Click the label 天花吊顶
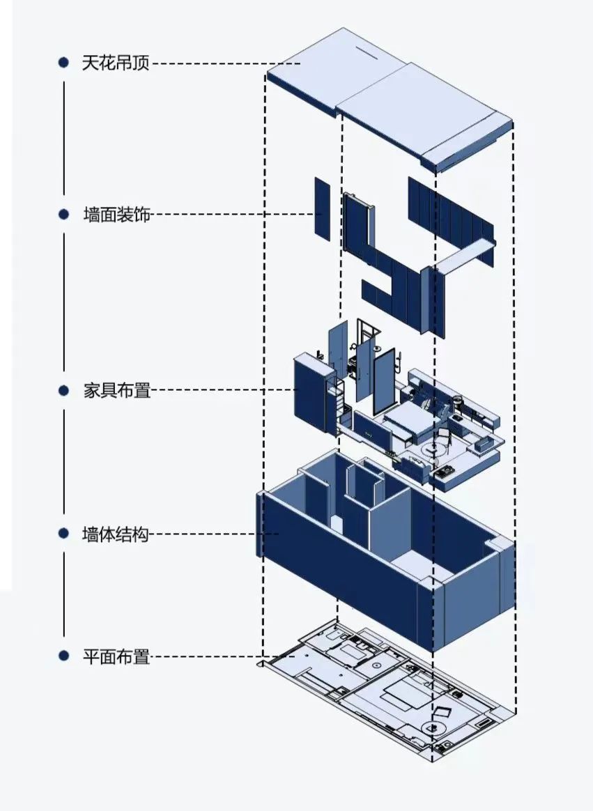[116, 63]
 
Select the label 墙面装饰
[116, 215]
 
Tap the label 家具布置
[116, 390]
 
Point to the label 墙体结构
[116, 534]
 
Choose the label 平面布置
[116, 656]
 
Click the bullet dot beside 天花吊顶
[63, 63]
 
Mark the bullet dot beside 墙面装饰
[63, 215]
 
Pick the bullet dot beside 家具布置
[63, 390]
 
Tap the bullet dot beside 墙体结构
[63, 534]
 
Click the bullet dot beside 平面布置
[63, 656]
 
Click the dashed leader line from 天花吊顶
[223, 63]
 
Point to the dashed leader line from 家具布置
[223, 390]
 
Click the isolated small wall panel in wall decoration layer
[321, 208]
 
